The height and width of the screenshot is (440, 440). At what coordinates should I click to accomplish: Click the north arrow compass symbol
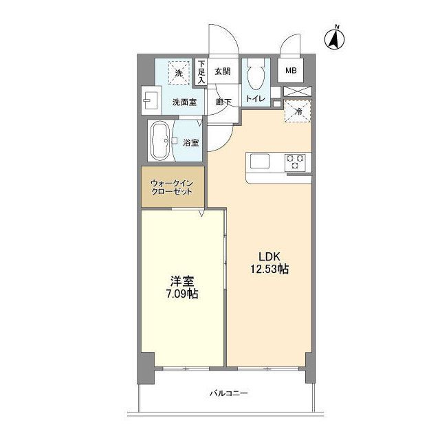click(335, 38)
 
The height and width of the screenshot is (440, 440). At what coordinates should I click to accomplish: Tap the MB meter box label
click(291, 71)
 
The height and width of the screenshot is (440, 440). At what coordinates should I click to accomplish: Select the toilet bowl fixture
click(256, 75)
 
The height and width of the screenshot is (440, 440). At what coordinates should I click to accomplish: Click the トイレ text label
click(255, 98)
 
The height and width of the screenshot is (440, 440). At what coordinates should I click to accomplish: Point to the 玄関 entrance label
click(223, 71)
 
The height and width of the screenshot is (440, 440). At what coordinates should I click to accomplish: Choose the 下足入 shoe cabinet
click(201, 71)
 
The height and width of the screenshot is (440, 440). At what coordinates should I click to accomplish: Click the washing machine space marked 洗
click(179, 73)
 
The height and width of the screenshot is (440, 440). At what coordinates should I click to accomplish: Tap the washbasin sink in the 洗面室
click(151, 100)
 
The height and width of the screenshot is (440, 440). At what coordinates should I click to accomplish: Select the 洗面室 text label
click(184, 102)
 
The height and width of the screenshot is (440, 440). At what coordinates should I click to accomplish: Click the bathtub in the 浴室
click(161, 141)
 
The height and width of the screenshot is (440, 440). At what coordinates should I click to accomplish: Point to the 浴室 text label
click(191, 143)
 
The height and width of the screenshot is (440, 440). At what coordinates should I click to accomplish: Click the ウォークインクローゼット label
click(172, 188)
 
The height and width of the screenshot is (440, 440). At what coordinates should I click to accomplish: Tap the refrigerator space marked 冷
click(298, 111)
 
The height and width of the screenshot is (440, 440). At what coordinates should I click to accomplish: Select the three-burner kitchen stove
click(295, 162)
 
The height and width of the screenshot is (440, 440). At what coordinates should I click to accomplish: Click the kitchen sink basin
click(260, 162)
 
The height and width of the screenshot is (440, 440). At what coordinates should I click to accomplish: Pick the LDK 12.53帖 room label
click(269, 263)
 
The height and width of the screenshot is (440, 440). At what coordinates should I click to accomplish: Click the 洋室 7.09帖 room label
click(182, 287)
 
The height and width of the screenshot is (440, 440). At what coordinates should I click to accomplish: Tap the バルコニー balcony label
click(229, 393)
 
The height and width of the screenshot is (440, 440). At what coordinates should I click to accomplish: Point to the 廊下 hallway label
click(223, 102)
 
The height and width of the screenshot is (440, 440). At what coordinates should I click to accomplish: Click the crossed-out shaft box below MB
click(298, 91)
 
